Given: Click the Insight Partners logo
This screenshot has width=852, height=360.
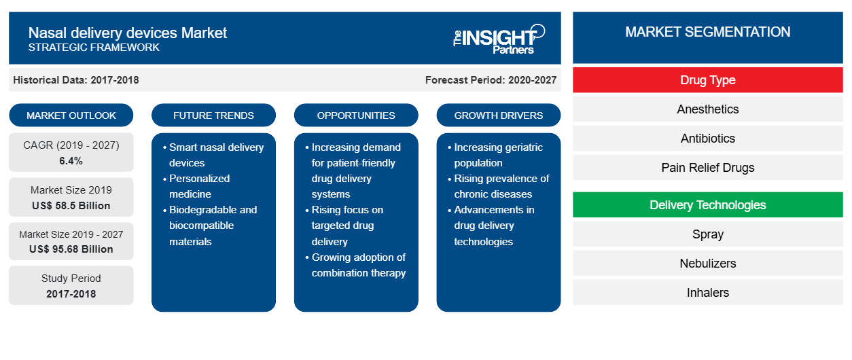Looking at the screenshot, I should (x=499, y=38).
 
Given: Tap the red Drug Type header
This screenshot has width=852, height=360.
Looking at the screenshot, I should (x=707, y=80).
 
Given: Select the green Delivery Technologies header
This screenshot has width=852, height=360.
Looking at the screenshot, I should (x=707, y=205).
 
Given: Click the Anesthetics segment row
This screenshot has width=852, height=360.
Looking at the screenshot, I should (x=707, y=109).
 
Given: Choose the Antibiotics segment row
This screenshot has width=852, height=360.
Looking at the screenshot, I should (x=707, y=139).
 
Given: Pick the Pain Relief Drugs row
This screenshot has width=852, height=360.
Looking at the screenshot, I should (x=707, y=168).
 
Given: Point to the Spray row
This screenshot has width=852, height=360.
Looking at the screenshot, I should (x=707, y=234).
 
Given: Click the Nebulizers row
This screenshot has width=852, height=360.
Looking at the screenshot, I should (x=707, y=264).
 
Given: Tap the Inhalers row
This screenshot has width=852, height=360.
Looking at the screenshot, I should (x=707, y=293).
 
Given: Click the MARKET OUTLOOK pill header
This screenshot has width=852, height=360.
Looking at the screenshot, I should (x=71, y=115).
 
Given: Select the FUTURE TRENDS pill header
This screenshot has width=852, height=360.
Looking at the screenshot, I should (x=213, y=115).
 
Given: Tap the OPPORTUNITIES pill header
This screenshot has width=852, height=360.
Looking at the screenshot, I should (x=356, y=115).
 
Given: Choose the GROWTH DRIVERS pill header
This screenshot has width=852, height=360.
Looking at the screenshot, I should (x=499, y=115).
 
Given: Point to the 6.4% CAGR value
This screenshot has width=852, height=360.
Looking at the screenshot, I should (x=71, y=161).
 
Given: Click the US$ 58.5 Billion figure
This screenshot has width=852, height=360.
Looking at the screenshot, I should (x=71, y=205).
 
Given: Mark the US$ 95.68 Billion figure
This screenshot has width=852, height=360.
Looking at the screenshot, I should (x=71, y=249).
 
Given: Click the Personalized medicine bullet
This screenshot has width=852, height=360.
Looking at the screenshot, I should (x=199, y=186).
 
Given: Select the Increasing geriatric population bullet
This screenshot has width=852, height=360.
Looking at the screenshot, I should (x=498, y=155).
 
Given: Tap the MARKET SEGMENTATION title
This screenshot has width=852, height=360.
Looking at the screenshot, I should (x=707, y=32).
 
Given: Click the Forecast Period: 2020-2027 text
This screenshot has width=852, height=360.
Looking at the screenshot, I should (x=491, y=80).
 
